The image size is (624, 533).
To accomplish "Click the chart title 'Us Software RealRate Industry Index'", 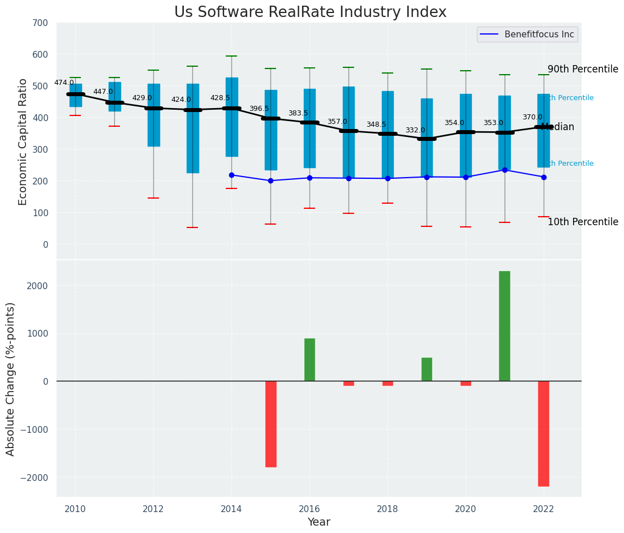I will (310, 12).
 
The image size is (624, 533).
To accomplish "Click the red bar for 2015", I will (271, 424).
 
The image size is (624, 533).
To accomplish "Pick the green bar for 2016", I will (309, 360).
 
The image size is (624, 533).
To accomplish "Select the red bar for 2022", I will (544, 433).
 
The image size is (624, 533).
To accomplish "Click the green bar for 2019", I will (427, 369).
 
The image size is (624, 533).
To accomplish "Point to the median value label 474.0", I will (64, 83).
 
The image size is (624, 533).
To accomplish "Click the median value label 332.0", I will (415, 130).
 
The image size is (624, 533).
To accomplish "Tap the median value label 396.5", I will (259, 109).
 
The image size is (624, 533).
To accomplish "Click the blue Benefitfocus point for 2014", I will (231, 175).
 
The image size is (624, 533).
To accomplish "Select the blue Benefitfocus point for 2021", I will (505, 170).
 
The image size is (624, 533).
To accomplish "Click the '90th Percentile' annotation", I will (583, 69).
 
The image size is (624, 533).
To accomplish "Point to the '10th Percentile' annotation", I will (583, 222).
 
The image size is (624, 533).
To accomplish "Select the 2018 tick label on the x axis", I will (388, 509).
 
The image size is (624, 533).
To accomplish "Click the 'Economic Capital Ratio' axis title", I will (23, 141).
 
